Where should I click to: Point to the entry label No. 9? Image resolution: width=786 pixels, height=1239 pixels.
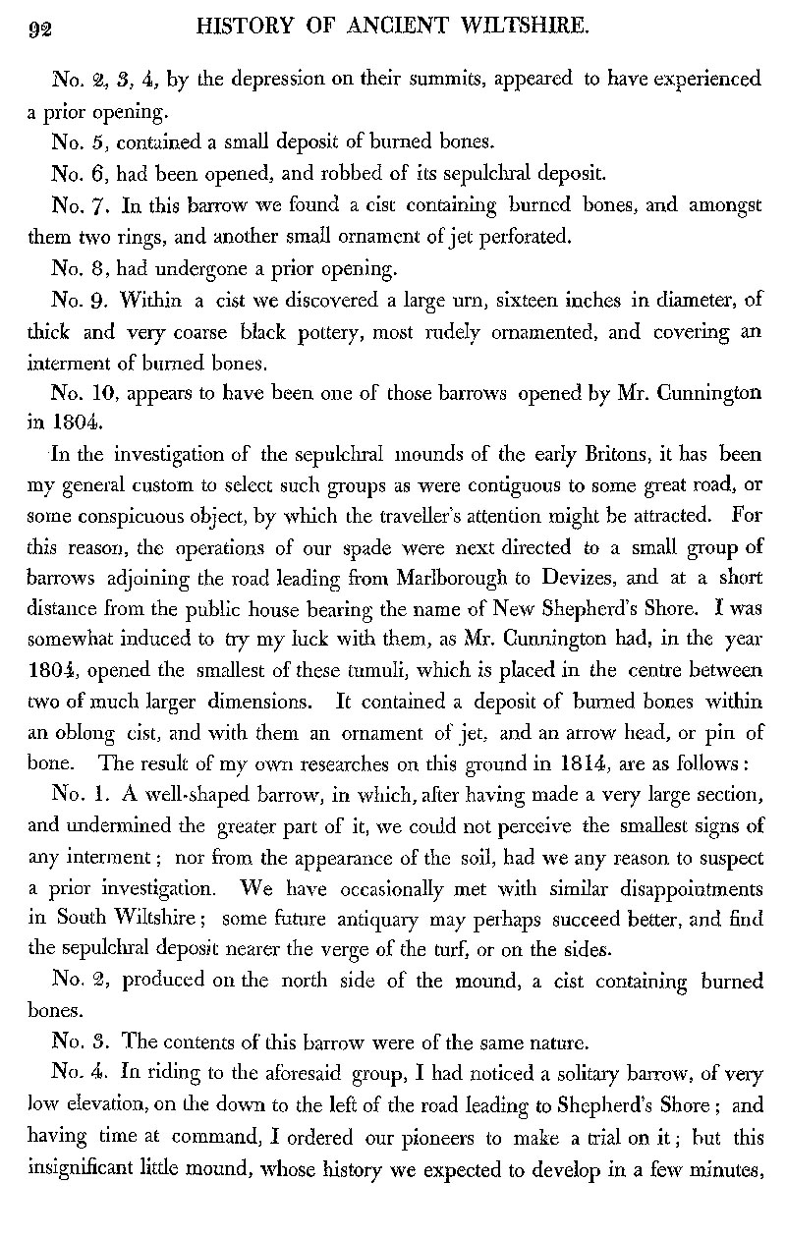pyautogui.click(x=72, y=305)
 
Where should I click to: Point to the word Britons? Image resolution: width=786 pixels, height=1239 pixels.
pyautogui.click(x=568, y=457)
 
